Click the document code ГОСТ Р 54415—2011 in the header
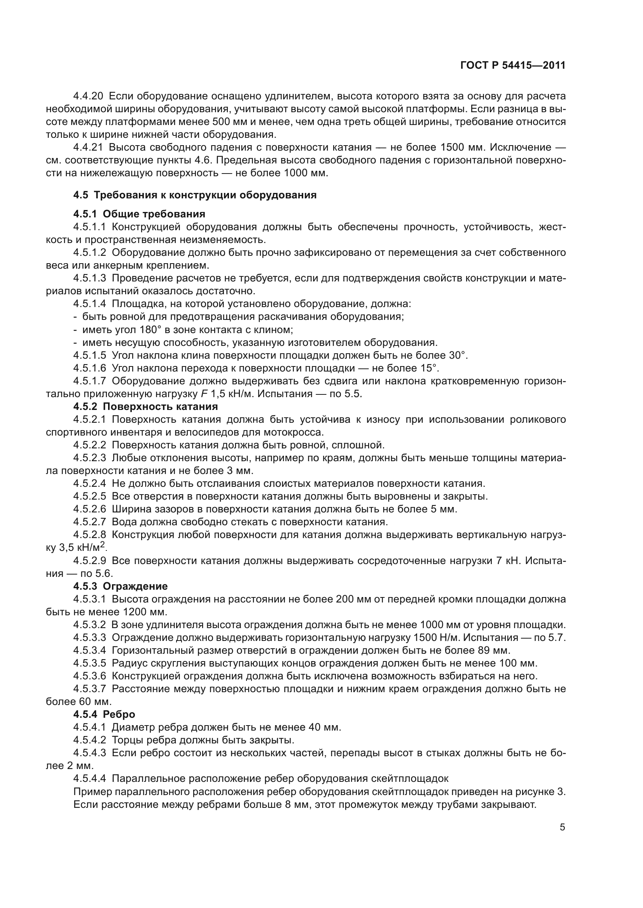[513, 65]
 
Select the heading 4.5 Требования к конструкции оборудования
[195, 195]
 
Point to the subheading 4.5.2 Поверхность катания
[145, 406]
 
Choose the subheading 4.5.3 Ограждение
[121, 586]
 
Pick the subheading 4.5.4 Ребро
[104, 714]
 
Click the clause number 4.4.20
[88, 96]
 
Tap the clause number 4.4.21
[88, 148]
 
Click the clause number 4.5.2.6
[89, 509]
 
